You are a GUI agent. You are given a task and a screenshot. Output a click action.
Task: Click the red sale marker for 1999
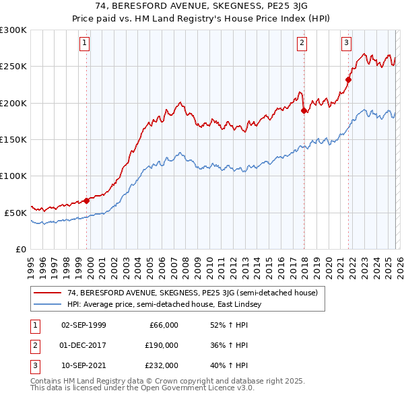[x=87, y=201]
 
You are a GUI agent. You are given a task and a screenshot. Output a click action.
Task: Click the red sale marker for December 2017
[x=304, y=110]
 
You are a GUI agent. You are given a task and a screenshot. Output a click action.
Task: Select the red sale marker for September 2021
[x=349, y=79]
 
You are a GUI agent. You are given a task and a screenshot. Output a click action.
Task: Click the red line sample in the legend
[x=48, y=293]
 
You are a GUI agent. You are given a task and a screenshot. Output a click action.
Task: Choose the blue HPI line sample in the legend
[x=48, y=304]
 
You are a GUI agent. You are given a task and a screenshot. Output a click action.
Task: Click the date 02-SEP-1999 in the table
[x=83, y=325]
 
